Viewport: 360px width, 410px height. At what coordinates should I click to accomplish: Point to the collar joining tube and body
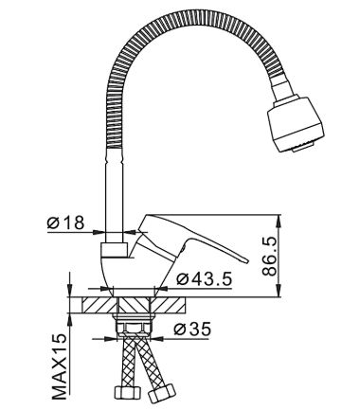pos(115,249)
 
